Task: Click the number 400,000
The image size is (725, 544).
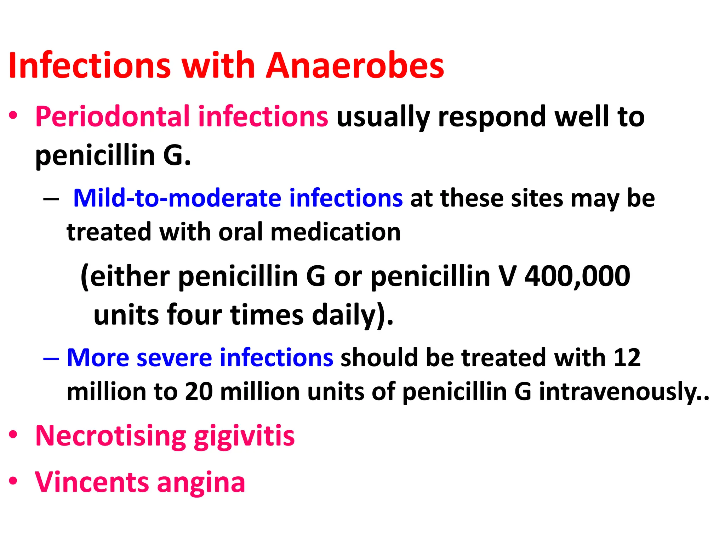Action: pos(577,277)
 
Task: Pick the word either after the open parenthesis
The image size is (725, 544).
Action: pos(130,277)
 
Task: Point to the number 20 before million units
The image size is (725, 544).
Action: pos(199,392)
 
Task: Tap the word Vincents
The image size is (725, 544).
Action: pos(92,482)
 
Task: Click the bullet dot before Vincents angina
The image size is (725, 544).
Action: pos(13,481)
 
